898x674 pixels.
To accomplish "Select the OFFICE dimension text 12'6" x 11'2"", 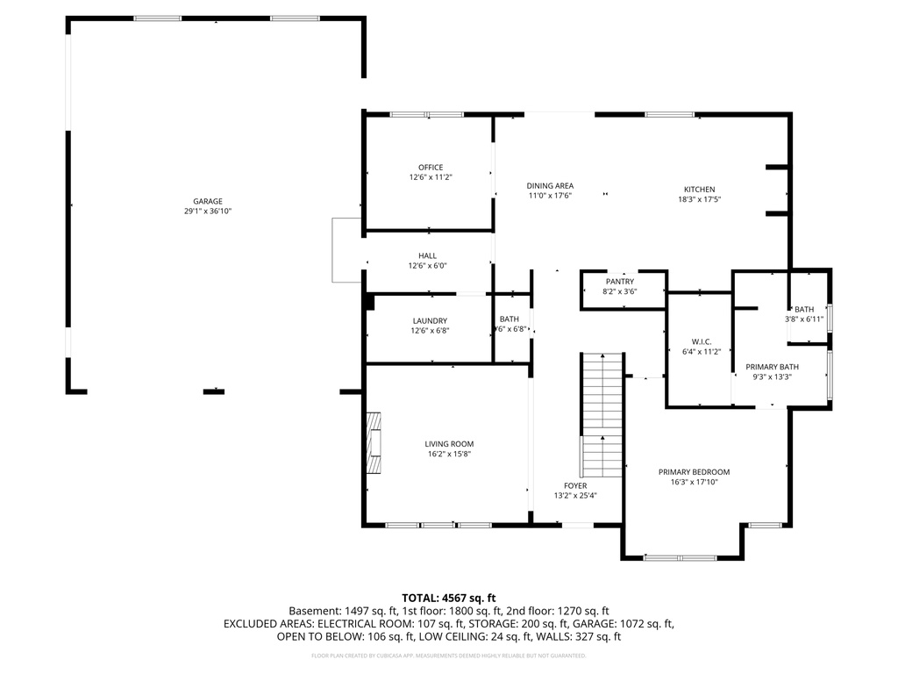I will tap(430, 177).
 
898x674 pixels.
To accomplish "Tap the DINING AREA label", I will tap(550, 185).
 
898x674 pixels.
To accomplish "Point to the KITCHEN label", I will tap(699, 190).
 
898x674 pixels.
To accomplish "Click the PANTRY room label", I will tap(619, 282).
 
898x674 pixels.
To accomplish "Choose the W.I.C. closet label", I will tap(701, 341).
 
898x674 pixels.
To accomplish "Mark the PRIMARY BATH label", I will tap(772, 367).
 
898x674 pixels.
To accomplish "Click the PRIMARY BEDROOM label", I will tap(694, 472).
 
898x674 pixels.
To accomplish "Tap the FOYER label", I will tap(575, 485).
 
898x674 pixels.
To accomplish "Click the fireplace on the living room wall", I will tap(374, 442).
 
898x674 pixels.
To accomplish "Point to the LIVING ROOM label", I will tap(449, 444).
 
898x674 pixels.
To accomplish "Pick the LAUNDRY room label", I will tap(430, 321).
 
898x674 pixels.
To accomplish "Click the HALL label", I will tap(427, 256).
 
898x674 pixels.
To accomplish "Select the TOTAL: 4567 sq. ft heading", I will tap(449, 598).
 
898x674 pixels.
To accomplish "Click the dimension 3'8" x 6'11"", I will tap(804, 319).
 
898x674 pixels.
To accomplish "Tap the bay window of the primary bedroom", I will tap(681, 556).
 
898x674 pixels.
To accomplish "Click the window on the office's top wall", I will tap(426, 114).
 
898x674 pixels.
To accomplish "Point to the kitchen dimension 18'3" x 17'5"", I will tap(699, 199).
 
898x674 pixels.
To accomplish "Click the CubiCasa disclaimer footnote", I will tap(449, 656).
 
